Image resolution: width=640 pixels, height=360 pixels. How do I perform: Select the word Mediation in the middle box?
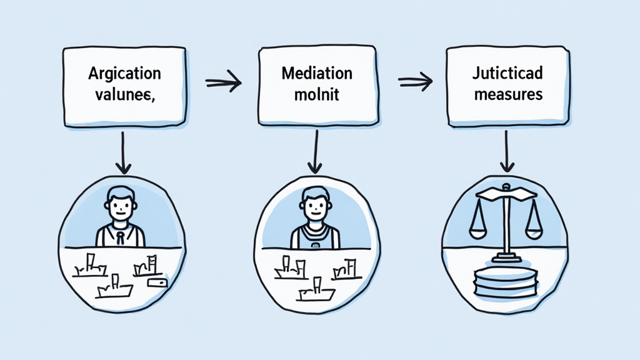(317, 74)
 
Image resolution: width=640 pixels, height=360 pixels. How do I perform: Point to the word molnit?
(317, 96)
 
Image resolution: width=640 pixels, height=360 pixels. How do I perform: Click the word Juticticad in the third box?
(508, 74)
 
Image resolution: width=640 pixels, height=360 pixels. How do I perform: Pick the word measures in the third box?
(508, 96)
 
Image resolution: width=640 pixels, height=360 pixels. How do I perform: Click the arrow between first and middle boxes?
(223, 81)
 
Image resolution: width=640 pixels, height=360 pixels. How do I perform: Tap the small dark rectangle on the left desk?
(157, 283)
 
